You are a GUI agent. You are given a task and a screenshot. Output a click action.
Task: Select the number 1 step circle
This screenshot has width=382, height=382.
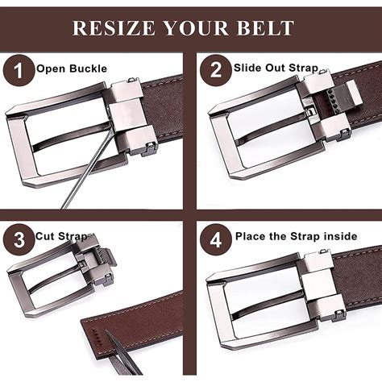(18, 70)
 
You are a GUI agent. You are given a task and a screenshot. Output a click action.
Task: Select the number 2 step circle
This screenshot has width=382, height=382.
(214, 70)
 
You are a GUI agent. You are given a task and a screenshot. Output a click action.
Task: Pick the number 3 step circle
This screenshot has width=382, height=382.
(18, 239)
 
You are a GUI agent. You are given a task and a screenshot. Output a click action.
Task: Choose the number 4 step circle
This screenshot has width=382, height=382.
(214, 239)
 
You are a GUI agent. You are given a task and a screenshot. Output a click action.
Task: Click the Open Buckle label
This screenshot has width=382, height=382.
(71, 69)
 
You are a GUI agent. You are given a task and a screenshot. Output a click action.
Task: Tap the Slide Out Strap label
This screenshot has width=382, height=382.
(276, 68)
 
